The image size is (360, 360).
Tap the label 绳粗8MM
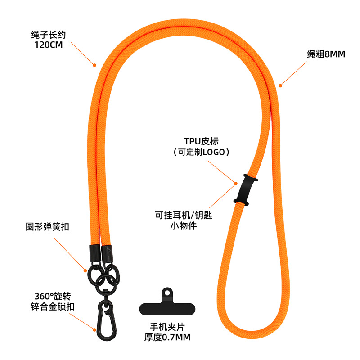click(323, 54)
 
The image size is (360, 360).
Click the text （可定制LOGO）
click(201, 152)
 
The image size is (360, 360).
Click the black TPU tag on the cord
click(245, 189)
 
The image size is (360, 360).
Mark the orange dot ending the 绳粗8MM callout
click(279, 85)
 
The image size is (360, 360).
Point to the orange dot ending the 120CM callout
click(94, 65)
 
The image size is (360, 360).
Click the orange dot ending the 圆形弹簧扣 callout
click(84, 270)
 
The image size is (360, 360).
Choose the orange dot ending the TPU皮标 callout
click(235, 183)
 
